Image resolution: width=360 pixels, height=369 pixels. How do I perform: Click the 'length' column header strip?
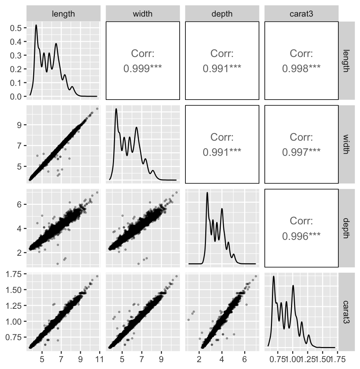click(63, 14)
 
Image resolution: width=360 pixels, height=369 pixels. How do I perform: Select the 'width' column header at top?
click(143, 14)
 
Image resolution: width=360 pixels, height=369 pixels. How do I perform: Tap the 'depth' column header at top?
click(222, 14)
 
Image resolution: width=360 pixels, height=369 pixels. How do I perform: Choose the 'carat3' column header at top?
click(302, 14)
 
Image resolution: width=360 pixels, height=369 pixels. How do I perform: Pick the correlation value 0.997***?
click(302, 152)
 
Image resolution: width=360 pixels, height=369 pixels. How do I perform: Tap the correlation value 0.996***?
click(302, 236)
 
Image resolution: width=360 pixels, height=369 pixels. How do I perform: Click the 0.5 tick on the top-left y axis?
click(17, 28)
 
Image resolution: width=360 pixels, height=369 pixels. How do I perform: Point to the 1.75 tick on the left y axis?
click(14, 274)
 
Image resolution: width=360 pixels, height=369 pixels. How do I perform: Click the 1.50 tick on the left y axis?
click(14, 290)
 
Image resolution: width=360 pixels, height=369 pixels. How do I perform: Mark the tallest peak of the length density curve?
click(36, 25)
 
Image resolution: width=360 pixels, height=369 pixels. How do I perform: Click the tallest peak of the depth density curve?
click(207, 193)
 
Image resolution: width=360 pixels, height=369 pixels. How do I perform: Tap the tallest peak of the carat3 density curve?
click(274, 277)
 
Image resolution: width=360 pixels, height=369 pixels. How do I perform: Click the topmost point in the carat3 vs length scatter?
click(97, 276)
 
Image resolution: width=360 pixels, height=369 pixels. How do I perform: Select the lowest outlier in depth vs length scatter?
click(58, 264)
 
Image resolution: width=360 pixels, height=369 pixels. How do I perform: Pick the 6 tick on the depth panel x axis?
click(245, 359)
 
